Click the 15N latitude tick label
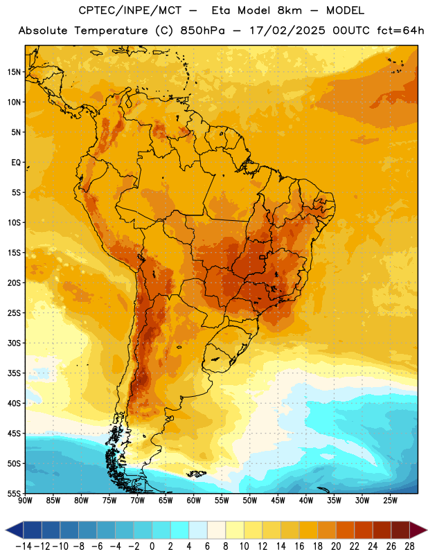14,72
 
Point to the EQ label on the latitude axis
16,163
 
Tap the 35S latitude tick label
14,373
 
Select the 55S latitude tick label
14,493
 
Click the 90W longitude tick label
26,501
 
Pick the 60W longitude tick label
194,501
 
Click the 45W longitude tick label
278,501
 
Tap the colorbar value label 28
409,546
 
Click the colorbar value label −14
24,546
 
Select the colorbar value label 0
152,546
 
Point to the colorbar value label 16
299,546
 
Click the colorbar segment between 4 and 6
198,530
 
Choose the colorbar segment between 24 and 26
382,530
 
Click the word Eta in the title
221,10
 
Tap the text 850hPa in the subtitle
202,30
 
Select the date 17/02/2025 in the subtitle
287,30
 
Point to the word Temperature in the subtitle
111,31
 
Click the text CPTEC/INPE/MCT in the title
130,10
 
